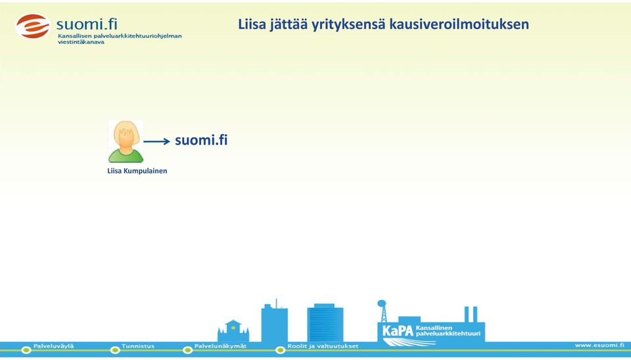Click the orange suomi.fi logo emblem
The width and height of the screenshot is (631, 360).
[33, 26]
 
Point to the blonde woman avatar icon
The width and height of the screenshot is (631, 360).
[126, 141]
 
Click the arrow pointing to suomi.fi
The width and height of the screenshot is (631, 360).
[157, 141]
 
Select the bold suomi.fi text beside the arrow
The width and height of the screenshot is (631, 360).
[201, 140]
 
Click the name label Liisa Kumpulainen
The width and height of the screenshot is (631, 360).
[137, 171]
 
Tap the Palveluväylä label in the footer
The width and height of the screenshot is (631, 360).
[53, 346]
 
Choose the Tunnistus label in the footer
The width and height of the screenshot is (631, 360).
[138, 346]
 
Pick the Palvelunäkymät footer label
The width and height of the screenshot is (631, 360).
[221, 346]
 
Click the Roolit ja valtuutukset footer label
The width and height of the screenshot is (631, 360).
[323, 346]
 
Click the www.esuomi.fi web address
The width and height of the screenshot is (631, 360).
[599, 345]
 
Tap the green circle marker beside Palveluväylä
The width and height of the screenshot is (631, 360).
[26, 350]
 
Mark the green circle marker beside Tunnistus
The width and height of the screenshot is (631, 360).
[115, 350]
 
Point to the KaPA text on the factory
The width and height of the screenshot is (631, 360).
[398, 331]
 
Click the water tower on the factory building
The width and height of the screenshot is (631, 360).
[382, 311]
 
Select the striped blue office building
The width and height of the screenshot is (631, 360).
[325, 323]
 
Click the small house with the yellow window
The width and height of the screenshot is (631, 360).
[233, 331]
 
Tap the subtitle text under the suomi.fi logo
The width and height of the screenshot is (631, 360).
[120, 39]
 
